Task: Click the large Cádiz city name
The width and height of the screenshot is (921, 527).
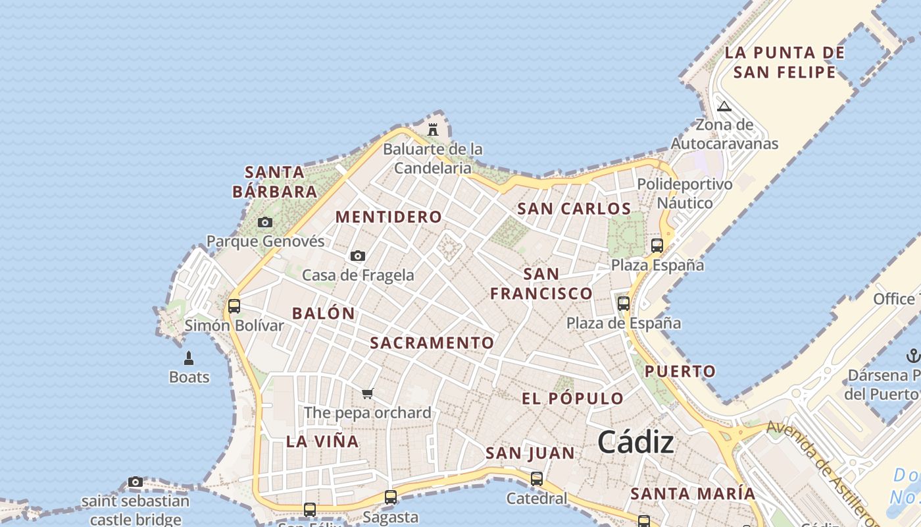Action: coord(635,443)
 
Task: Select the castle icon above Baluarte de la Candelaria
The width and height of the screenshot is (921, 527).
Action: coord(433,129)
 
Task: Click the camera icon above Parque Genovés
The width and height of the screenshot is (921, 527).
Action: coord(265,223)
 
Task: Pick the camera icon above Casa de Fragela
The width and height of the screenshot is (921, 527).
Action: coord(358,256)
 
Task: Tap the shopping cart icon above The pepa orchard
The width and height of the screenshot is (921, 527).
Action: coord(368,394)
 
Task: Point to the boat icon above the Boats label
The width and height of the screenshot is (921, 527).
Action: coord(189,358)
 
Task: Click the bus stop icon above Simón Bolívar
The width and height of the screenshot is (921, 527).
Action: coord(234,306)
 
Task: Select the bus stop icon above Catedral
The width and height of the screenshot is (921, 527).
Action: coord(537,479)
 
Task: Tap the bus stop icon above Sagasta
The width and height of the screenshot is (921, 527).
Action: coord(391,497)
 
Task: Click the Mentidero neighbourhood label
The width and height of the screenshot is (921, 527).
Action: coord(389,217)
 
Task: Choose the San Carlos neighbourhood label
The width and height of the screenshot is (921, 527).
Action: coord(574,209)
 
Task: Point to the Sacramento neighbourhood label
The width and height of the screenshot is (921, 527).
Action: coord(432,343)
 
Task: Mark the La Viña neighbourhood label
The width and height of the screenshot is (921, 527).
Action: coord(322,441)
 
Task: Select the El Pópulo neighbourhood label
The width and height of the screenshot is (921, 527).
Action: coord(572,399)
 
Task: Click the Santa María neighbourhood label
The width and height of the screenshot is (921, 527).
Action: coord(693,493)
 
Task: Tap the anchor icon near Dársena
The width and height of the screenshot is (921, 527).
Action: coord(912,356)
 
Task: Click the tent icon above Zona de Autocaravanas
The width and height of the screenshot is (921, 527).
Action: coord(724,106)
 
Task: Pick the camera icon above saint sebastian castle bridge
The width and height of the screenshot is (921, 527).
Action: coord(136,482)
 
